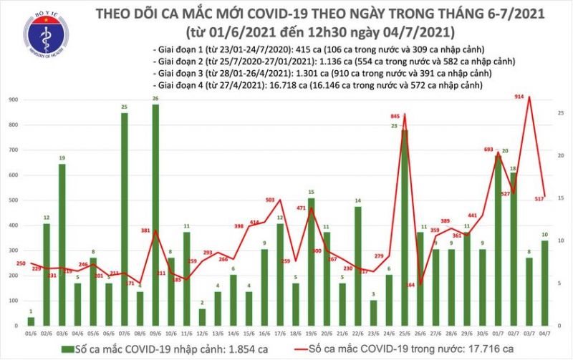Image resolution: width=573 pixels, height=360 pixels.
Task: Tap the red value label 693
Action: click(x=490, y=150)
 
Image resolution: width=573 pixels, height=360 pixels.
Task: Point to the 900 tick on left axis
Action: click(x=13, y=101)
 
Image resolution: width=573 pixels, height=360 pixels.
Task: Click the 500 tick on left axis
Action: click(x=13, y=201)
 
